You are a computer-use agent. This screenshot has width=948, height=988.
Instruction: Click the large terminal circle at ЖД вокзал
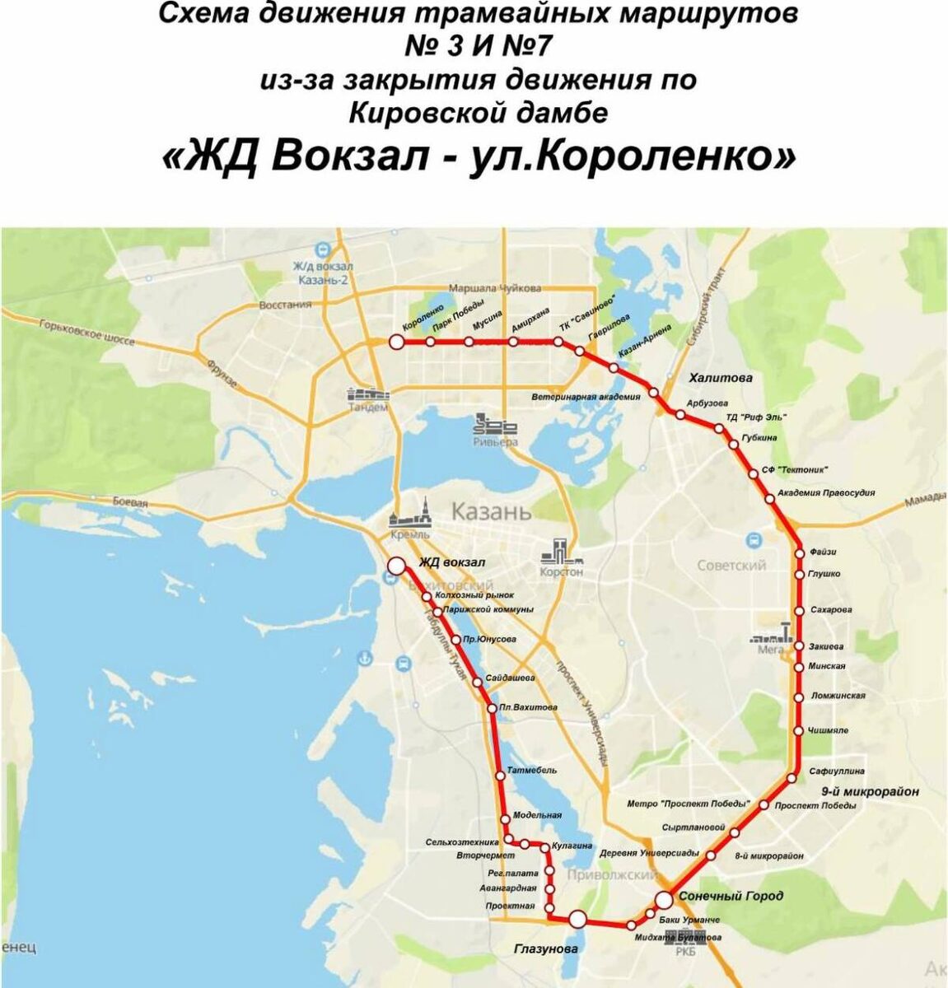click(x=396, y=566)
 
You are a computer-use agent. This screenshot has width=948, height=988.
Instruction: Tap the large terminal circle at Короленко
click(x=396, y=342)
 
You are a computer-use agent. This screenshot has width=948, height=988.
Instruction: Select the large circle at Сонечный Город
click(x=664, y=900)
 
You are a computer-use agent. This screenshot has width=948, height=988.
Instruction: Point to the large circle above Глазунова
click(x=577, y=919)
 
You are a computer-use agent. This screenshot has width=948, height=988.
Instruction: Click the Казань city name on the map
click(x=491, y=511)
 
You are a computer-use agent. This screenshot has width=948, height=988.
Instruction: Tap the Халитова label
click(x=721, y=378)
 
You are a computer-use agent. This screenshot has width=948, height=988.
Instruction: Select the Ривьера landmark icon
click(x=495, y=425)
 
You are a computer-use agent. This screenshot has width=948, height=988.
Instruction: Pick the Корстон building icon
click(x=562, y=551)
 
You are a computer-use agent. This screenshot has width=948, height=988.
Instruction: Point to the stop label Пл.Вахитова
click(x=529, y=707)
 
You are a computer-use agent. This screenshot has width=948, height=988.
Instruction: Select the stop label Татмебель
click(x=534, y=771)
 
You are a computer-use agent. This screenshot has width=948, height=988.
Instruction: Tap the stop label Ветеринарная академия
click(x=585, y=397)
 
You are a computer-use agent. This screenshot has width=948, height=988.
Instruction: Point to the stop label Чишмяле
click(x=828, y=730)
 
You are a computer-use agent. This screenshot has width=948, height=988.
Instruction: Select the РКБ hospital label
click(x=686, y=952)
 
